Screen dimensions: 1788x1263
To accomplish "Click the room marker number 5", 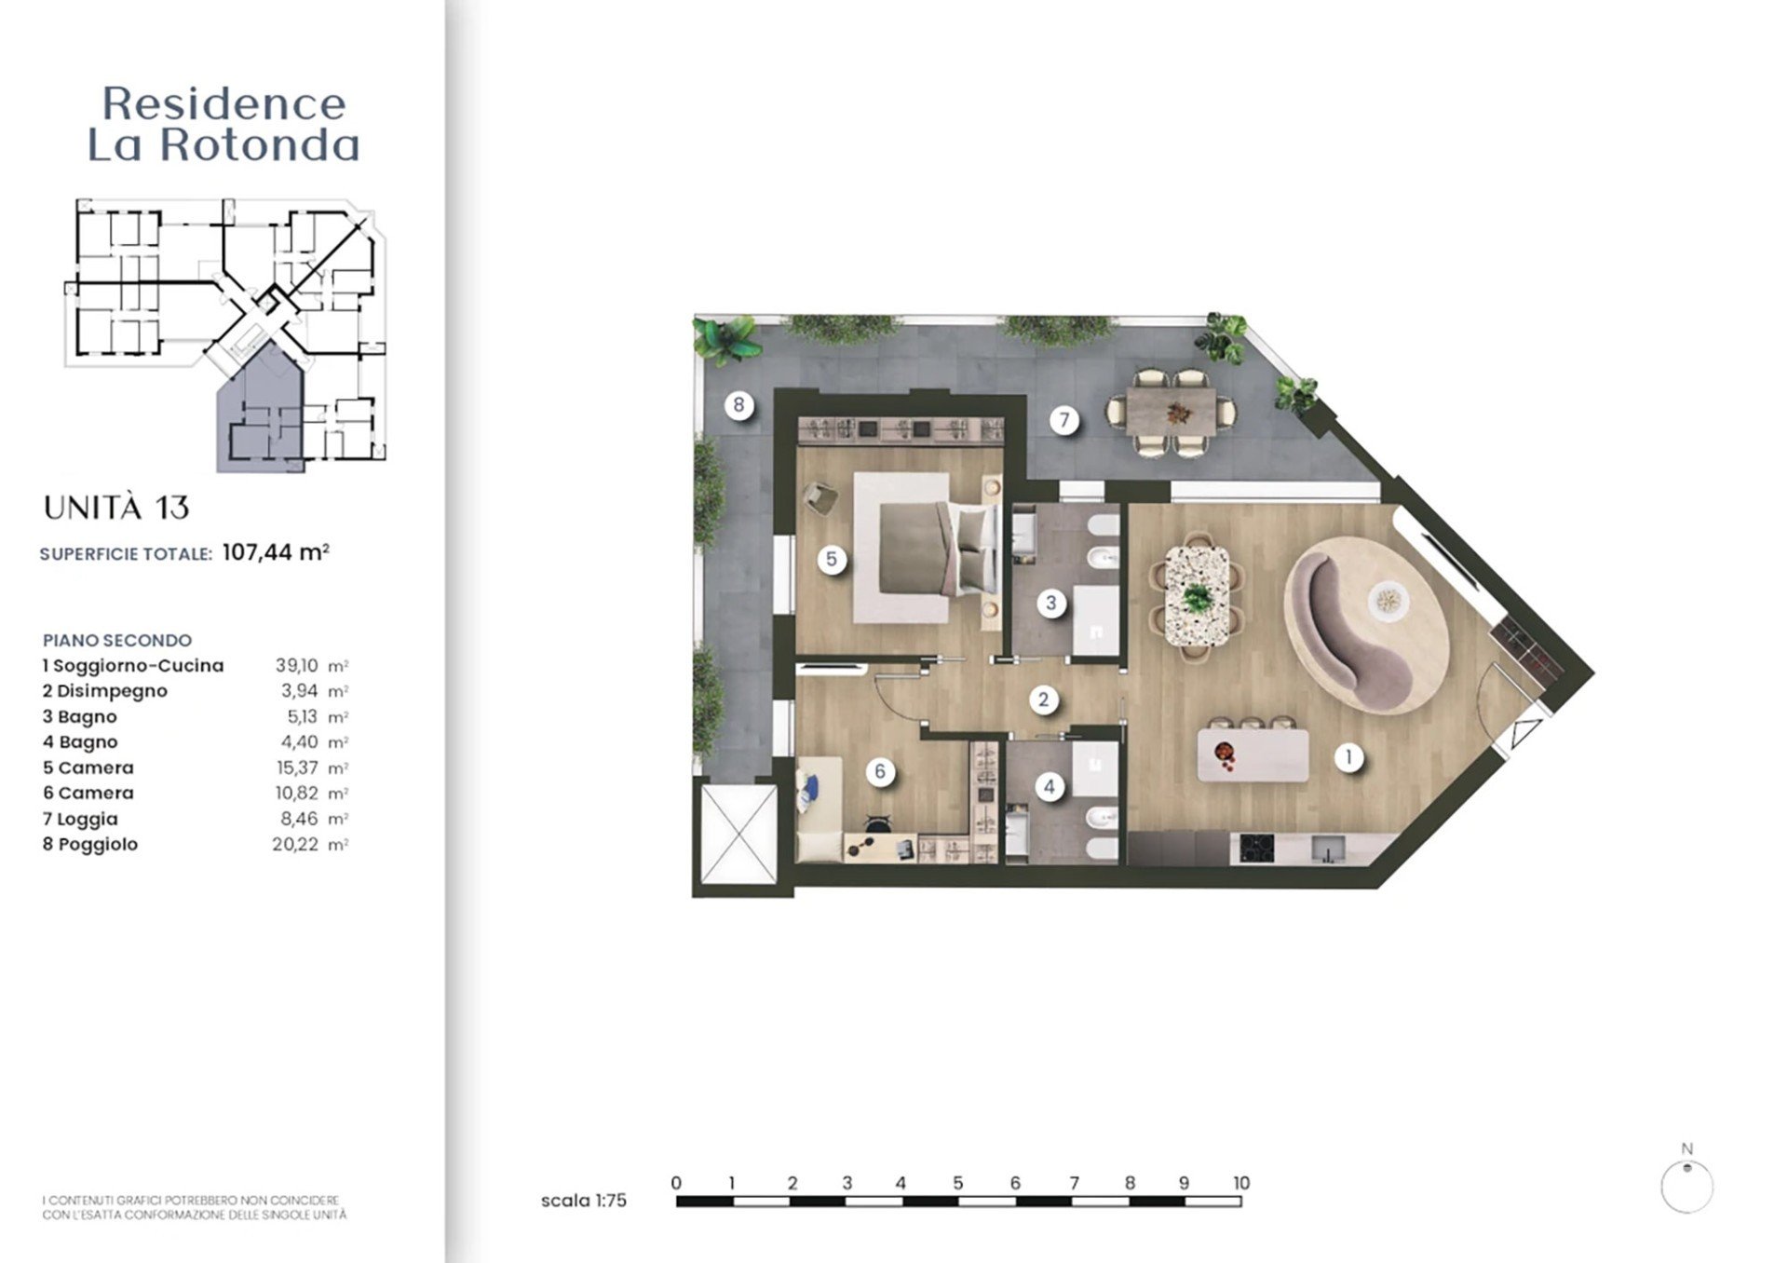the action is pos(832,560).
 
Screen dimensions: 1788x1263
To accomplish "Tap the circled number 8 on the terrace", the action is pos(738,405).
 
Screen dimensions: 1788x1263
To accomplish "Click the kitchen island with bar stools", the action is pos(1253,754).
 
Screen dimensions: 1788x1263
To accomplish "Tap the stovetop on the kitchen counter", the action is pos(1253,849).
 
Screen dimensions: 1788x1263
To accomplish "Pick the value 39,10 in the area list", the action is pos(297,666).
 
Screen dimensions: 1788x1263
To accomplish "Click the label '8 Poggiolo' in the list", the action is pos(90,845).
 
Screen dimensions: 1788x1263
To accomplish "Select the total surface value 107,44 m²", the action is pos(276,553).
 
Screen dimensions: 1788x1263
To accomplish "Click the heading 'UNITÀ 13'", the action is pos(116,509).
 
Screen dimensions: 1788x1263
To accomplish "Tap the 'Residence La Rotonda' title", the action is pos(223,124).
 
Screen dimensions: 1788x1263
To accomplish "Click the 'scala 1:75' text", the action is pos(584,1201).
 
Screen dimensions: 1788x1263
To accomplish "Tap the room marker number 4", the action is pos(1050,787).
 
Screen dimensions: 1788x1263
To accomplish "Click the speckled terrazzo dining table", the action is pos(1197,596).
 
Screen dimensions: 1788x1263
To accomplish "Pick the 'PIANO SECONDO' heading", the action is pos(117,641).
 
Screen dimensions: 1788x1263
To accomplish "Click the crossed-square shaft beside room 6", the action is pos(738,834).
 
